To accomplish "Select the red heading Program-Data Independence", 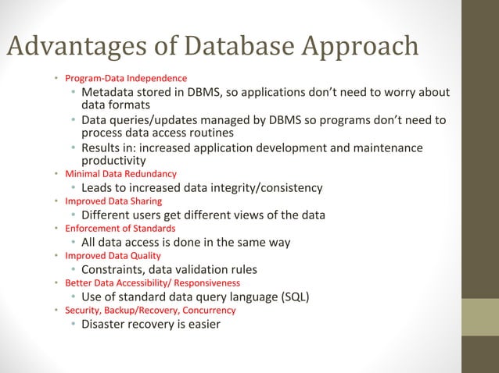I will click(x=126, y=79).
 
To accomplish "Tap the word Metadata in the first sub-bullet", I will click(x=109, y=93).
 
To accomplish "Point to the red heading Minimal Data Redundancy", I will click(x=120, y=173).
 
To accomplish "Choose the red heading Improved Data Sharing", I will click(x=113, y=201).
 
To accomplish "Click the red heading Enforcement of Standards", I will click(x=120, y=228).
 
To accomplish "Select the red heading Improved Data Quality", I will click(x=113, y=255).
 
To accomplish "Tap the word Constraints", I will click(x=116, y=269).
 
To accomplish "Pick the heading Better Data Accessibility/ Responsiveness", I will click(x=153, y=282).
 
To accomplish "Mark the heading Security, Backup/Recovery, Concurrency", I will click(x=150, y=310).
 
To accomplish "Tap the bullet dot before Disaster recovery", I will click(x=73, y=324).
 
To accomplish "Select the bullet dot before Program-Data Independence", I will click(x=56, y=79).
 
